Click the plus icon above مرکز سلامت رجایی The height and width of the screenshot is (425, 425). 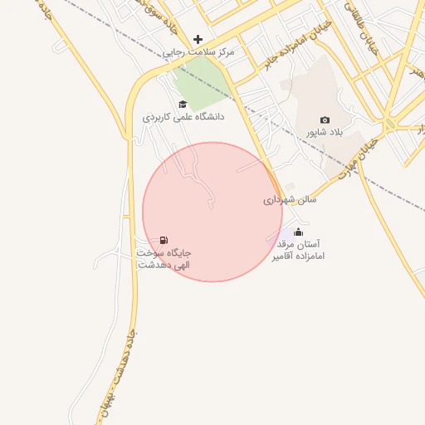coord(198,39)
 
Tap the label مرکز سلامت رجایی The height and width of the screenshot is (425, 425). coord(198,51)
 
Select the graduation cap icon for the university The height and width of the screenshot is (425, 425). coord(183,105)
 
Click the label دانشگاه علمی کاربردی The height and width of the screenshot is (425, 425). coord(183,117)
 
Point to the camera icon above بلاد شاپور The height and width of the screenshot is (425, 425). coord(325,120)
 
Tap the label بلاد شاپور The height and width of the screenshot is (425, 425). coord(325,132)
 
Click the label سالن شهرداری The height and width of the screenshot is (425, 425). coord(291,200)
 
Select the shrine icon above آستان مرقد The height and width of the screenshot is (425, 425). coord(299,232)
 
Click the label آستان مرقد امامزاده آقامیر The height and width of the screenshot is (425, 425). coord(297,251)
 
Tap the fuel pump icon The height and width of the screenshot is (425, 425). coord(164,240)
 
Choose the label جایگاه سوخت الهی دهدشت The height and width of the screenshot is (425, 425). coord(164,258)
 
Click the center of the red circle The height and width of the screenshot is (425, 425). coord(212,212)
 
